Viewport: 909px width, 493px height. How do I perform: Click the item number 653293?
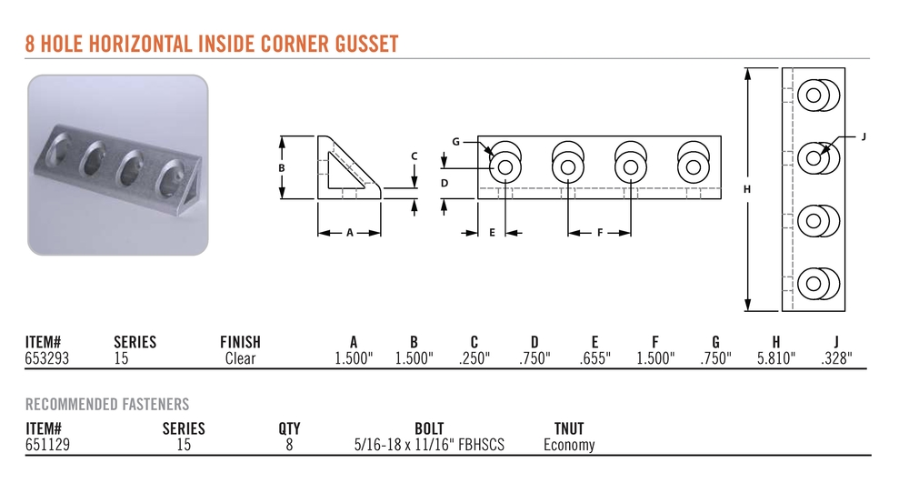tap(47, 358)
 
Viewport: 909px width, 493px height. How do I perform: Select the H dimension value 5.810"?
tap(775, 358)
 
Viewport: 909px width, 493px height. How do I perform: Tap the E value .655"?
tap(594, 358)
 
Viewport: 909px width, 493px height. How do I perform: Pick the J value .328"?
tap(836, 358)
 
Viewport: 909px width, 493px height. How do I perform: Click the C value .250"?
tap(474, 358)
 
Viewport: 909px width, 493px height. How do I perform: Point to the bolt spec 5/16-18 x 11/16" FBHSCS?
tap(430, 445)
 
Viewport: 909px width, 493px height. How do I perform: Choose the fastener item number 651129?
tap(47, 445)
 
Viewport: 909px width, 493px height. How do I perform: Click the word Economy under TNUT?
tap(569, 445)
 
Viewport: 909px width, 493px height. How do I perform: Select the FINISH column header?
tap(240, 342)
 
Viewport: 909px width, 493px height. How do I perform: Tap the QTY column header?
tap(289, 428)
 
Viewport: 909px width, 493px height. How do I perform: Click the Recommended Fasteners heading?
tap(107, 404)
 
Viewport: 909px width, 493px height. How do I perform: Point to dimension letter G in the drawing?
tap(455, 142)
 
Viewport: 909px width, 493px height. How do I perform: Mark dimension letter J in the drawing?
tap(864, 136)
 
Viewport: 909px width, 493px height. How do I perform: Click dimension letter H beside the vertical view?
tap(747, 189)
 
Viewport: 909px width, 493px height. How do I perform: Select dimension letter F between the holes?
tap(600, 233)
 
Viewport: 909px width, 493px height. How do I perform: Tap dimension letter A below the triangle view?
tap(350, 233)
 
